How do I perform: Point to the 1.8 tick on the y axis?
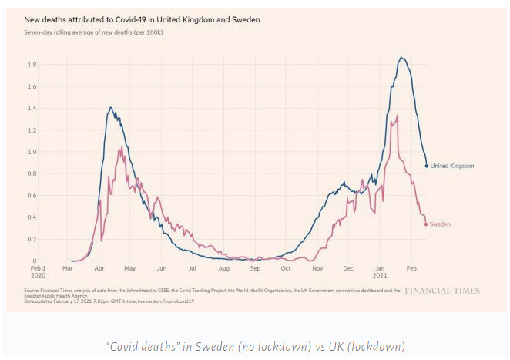(x=31, y=64)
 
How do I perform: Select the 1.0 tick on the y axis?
(x=31, y=151)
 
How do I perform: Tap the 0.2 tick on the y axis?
(x=31, y=239)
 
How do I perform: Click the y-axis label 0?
(x=33, y=261)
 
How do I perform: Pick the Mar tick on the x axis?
(x=68, y=268)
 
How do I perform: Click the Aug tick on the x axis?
(x=223, y=268)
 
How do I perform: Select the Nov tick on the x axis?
(x=317, y=268)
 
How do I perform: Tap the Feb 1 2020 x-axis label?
(x=39, y=272)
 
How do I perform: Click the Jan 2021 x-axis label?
(x=380, y=272)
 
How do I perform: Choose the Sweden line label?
(x=440, y=224)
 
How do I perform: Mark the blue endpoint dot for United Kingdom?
(x=427, y=166)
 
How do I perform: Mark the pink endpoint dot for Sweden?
(x=427, y=224)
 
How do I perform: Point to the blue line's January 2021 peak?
(x=401, y=58)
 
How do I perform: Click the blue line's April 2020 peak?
(x=111, y=108)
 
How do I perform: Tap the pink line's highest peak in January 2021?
(x=397, y=116)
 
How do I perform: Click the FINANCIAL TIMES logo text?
(x=441, y=291)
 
